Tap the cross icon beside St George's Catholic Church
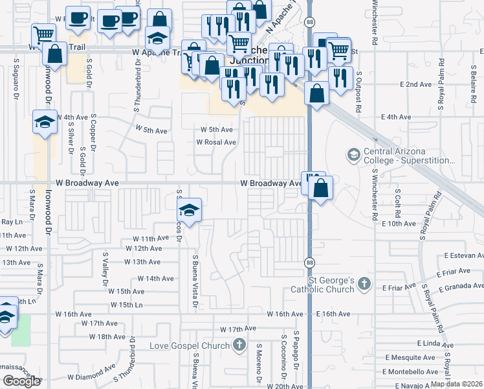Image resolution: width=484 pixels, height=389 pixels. (x=364, y=283)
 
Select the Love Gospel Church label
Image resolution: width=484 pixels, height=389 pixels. (x=190, y=346)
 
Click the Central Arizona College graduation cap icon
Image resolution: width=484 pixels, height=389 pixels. (x=354, y=154)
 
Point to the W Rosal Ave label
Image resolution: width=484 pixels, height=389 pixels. (x=216, y=142)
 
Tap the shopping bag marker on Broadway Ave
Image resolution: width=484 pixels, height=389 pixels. (x=320, y=189)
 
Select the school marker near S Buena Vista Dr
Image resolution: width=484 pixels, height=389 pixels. (x=188, y=211)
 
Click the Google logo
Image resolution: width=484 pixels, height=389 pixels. (x=21, y=381)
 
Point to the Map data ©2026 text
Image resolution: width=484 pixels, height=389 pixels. (x=456, y=384)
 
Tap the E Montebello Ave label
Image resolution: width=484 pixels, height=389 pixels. (x=410, y=371)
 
